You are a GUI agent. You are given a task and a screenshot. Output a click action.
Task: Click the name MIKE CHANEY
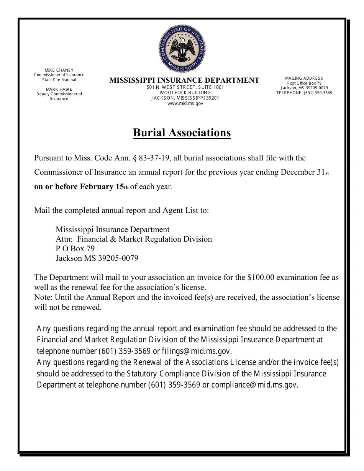[x=59, y=70]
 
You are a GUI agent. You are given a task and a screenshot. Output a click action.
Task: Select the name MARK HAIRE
[x=59, y=89]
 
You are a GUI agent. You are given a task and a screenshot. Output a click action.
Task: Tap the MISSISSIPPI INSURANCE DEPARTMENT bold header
[x=184, y=80]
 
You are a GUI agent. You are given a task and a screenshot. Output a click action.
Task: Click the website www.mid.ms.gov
[x=185, y=103]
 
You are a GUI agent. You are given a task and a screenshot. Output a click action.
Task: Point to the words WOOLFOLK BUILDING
[x=185, y=93]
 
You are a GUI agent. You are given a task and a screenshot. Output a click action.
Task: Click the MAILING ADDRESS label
[x=304, y=78]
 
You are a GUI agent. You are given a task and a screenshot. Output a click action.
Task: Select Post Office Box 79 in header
[x=304, y=83]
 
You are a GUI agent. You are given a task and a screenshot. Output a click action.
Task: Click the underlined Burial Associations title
[x=182, y=132]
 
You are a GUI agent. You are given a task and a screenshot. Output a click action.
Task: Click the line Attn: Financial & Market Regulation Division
[x=134, y=239]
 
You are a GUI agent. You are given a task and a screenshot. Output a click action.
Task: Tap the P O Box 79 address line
[x=75, y=249]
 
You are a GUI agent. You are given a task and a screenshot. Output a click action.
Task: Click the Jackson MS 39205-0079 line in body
[x=97, y=258]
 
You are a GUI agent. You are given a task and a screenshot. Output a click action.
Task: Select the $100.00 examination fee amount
[x=261, y=277]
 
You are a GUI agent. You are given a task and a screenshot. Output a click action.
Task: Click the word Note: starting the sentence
[x=44, y=297]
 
